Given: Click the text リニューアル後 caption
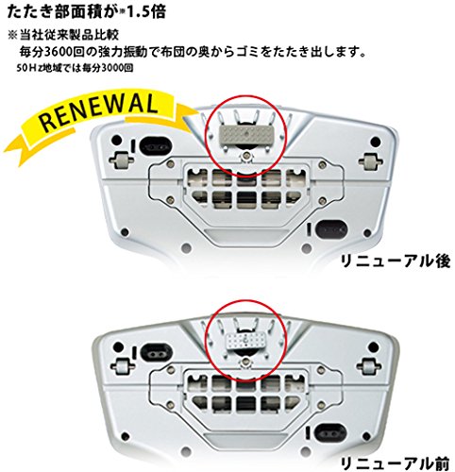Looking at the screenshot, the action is pos(396,261).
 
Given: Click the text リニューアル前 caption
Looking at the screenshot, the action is pos(396,464).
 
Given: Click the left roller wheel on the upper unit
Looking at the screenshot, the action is pos(121,160).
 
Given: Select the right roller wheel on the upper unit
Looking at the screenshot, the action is pos(373,160).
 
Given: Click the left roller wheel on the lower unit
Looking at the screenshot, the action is pos(121,366).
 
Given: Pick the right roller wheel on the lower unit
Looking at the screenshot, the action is pos(369,365).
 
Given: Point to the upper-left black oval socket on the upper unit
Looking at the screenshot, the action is pos(157,146).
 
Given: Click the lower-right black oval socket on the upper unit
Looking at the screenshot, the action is pos(331,229).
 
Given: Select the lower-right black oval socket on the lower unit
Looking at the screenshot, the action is pos(331,432).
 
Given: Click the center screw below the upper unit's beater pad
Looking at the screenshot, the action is pos(245,156).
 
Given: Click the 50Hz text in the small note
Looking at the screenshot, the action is pos(29,68).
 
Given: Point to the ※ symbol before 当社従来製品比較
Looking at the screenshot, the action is pos(12,35).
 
